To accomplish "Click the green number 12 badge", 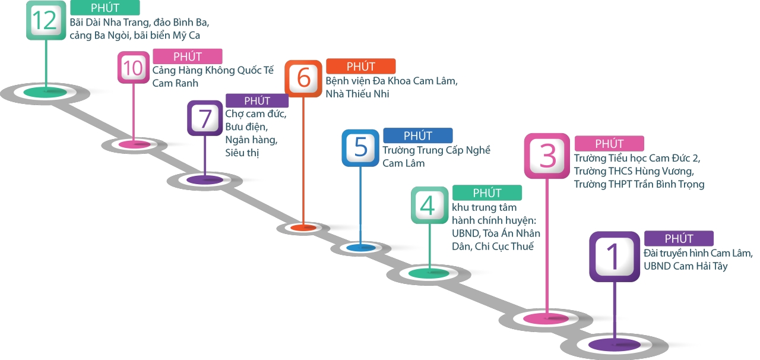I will pyautogui.click(x=46, y=20).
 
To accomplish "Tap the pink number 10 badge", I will pyautogui.click(x=134, y=67).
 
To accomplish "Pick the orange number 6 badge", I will pyautogui.click(x=303, y=77).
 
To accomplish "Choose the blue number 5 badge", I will pyautogui.click(x=360, y=147).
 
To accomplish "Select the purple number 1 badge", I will pyautogui.click(x=613, y=256).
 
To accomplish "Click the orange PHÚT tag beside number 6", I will pyautogui.click(x=360, y=67).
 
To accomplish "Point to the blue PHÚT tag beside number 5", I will pyautogui.click(x=417, y=135).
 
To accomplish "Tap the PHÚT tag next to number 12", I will pyautogui.click(x=104, y=8).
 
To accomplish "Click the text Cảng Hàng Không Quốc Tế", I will pyautogui.click(x=213, y=71).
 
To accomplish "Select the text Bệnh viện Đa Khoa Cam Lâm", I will pyautogui.click(x=391, y=81).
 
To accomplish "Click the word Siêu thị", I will pyautogui.click(x=242, y=153).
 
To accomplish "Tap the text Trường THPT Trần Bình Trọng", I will pyautogui.click(x=639, y=184).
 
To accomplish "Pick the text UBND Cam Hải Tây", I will pyautogui.click(x=685, y=266).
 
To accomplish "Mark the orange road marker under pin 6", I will pyautogui.click(x=303, y=228).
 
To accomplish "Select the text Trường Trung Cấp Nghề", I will pyautogui.click(x=436, y=150).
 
